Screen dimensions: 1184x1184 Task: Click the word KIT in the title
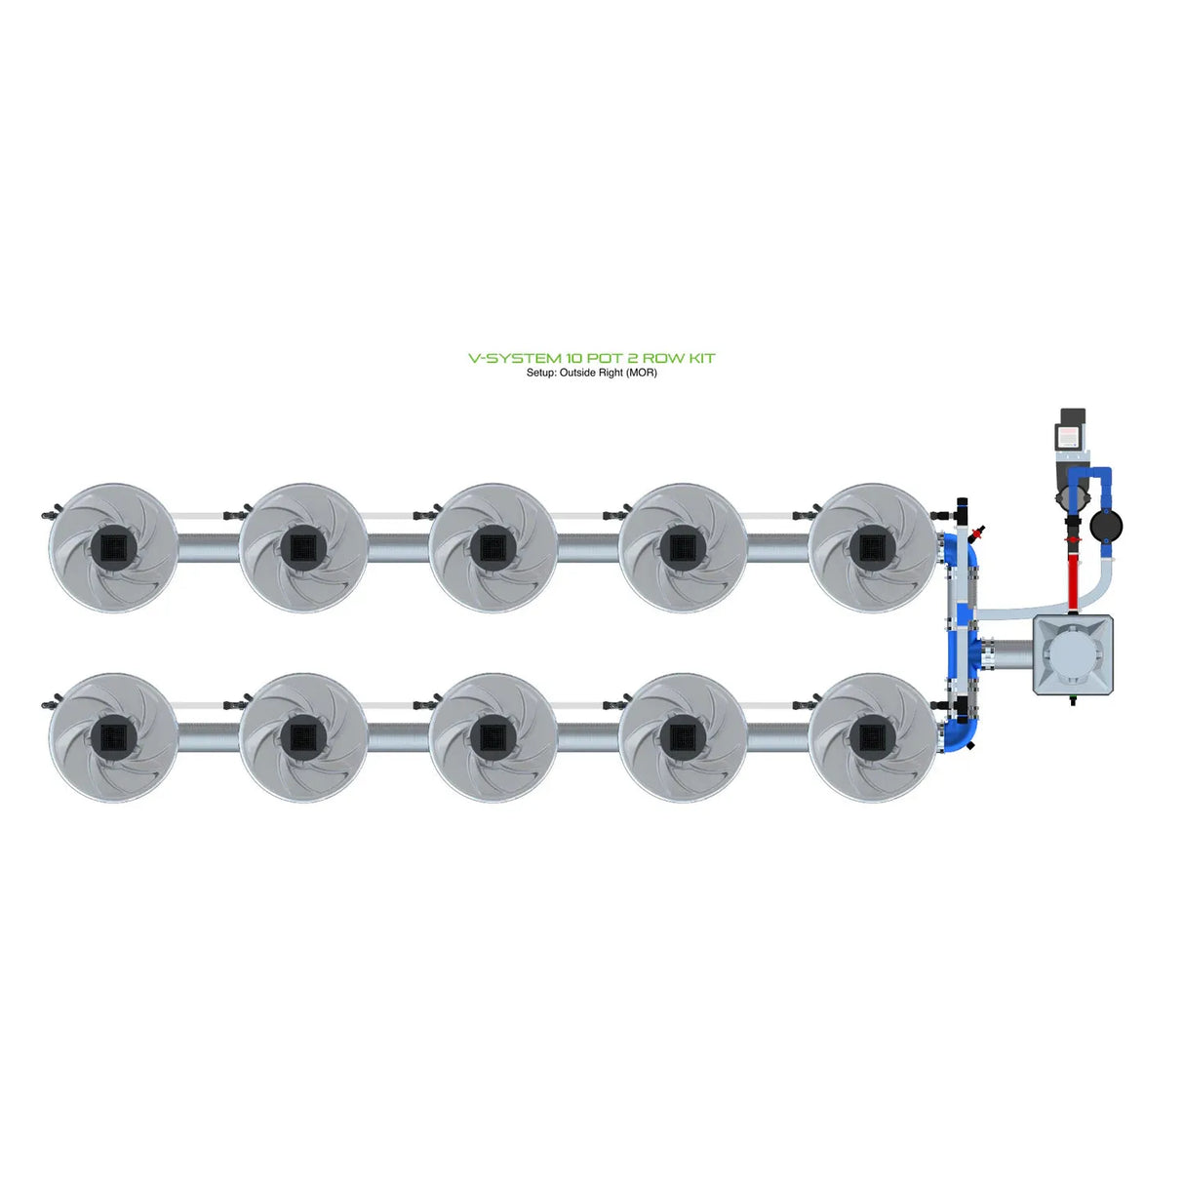coord(702,358)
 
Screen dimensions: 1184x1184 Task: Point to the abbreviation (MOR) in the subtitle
coord(641,373)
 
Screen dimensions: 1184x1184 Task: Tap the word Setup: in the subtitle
coord(541,373)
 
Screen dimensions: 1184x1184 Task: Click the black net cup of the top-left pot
coord(114,547)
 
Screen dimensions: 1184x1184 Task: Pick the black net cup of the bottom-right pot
coord(871,736)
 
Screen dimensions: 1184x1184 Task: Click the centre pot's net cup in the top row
coord(493,547)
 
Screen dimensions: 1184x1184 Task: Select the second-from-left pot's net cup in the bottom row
coord(303,736)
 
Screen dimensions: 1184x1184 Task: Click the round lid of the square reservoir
coord(1073,654)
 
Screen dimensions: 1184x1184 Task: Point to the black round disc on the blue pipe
coord(1106,527)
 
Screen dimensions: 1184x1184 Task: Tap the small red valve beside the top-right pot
coord(977,533)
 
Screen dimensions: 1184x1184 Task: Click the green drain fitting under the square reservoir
coord(1073,698)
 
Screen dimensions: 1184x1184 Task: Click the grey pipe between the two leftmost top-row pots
coord(209,549)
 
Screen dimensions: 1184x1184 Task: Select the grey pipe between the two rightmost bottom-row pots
coord(777,738)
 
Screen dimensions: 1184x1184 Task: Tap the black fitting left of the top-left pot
coord(49,511)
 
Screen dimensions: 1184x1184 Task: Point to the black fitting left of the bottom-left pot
coord(49,701)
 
